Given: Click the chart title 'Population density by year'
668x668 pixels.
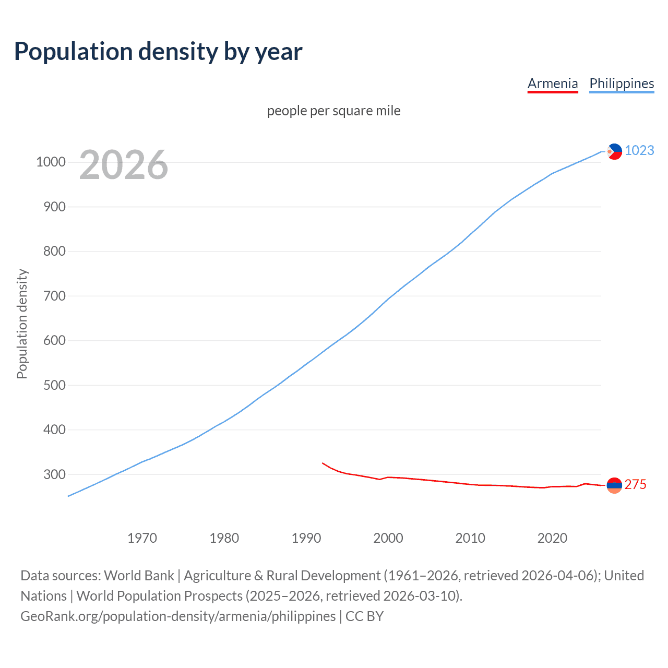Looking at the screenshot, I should (158, 52).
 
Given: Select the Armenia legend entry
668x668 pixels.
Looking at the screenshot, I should (553, 83).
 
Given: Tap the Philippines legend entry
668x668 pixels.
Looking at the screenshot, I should (622, 83).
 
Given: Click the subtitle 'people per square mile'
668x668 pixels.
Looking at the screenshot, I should (334, 111).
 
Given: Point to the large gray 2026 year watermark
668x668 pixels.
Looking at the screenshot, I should (124, 165).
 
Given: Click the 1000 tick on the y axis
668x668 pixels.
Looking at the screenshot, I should (51, 162).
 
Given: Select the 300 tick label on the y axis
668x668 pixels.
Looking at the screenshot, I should (54, 474).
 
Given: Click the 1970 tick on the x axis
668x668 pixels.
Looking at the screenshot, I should (142, 538).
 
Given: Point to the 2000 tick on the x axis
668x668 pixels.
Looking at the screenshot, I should (388, 538).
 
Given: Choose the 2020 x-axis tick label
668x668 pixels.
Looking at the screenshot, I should (552, 538).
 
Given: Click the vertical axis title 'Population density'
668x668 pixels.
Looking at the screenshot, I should (22, 324).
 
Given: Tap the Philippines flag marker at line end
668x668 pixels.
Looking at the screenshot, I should (614, 151).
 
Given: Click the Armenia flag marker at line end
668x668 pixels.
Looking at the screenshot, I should (614, 485).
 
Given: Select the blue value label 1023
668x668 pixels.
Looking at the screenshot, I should (639, 150).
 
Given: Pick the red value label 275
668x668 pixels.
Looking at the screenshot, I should (635, 484).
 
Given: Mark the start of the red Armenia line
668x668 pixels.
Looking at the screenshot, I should (323, 463).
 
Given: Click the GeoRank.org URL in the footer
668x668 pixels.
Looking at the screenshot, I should (178, 616).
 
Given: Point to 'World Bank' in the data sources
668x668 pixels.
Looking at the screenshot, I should (139, 576).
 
